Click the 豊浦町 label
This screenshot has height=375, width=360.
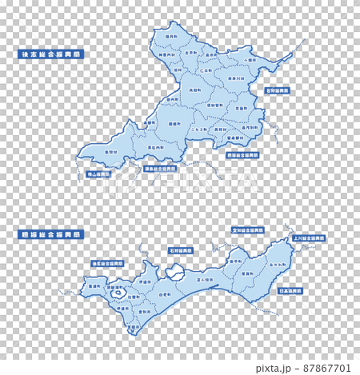[95, 285]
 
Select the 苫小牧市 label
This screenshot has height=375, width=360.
[205, 280]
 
